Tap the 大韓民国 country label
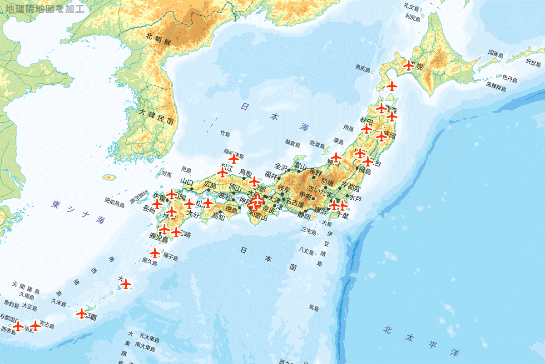157,116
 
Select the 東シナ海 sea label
78,212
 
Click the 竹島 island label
225,134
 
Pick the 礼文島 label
411,6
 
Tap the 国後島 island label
495,54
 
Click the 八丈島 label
306,250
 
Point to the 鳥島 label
313,308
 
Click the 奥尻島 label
363,68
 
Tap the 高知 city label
218,217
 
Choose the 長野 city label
316,172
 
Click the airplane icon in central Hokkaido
409,66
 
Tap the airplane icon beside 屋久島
155,252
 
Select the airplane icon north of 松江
234,159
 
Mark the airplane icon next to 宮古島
35,325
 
